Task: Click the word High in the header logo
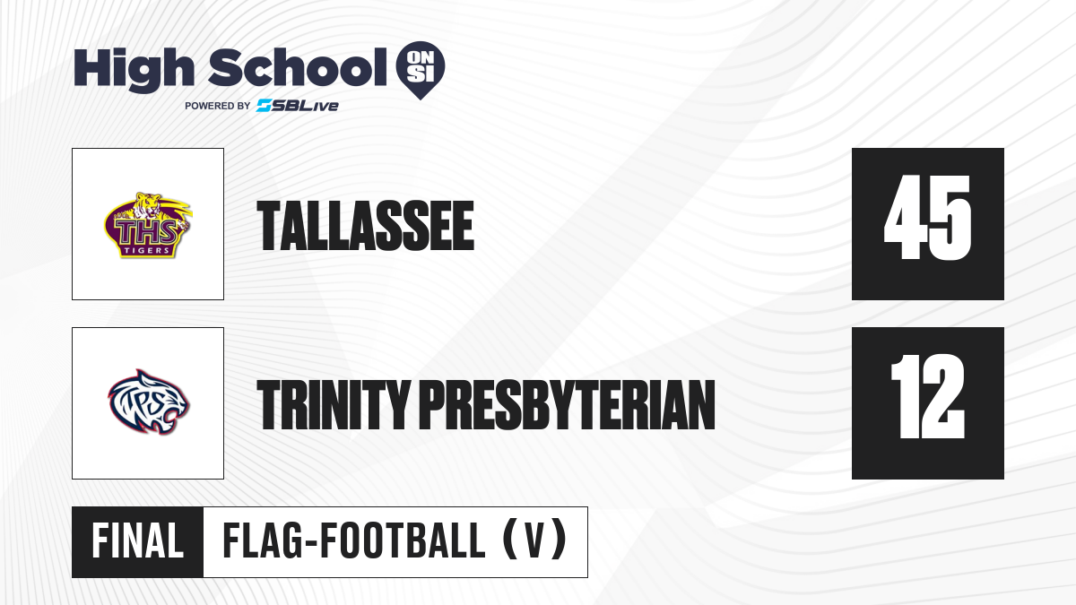point(134,70)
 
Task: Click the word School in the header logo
point(298,67)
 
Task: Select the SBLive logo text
point(298,106)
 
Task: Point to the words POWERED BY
point(217,106)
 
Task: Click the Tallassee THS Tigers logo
point(148,225)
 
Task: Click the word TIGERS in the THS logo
point(147,250)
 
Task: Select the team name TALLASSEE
point(366,226)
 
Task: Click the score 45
point(927,218)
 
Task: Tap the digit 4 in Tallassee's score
point(905,218)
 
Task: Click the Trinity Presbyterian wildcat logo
point(149,402)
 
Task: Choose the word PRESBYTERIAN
point(568,405)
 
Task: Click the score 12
point(927,396)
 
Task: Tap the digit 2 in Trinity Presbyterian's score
point(943,396)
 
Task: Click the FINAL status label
point(138,541)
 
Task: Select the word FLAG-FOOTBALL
point(354,541)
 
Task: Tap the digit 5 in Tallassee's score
point(950,218)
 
